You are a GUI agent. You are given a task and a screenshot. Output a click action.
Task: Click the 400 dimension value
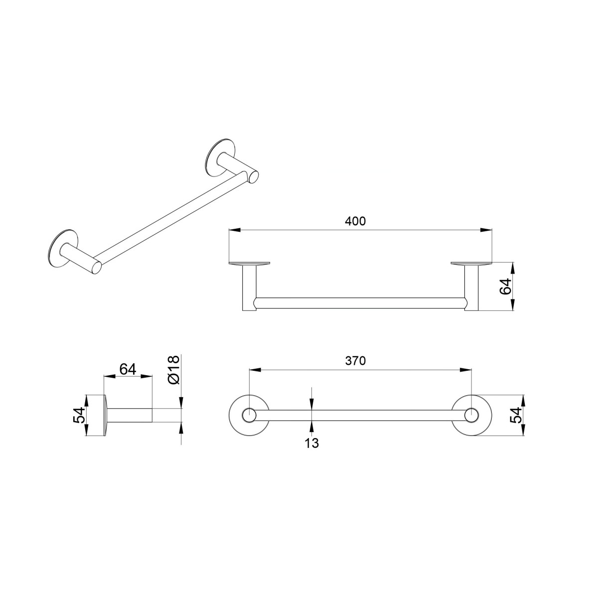[x=355, y=221]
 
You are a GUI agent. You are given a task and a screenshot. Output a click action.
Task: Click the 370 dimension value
[x=355, y=361]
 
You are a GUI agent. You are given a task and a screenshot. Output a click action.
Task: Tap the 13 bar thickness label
[x=311, y=444]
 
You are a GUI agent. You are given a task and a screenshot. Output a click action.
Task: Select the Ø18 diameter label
[x=173, y=370]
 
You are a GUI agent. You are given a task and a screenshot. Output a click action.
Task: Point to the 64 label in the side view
[x=128, y=369]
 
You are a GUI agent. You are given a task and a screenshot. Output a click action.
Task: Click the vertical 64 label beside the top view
[x=505, y=287]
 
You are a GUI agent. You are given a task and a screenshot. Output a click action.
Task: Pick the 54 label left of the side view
[x=79, y=415]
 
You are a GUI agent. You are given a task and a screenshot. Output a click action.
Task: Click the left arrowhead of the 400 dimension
[x=235, y=230]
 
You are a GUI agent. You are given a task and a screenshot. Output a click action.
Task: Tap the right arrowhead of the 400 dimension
[x=486, y=230]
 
